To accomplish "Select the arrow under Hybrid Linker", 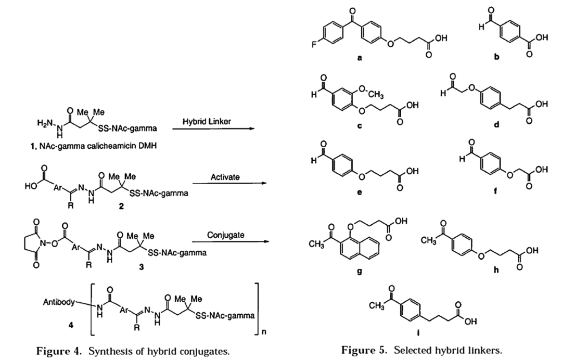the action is point(214,128).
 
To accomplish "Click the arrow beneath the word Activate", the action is point(230,184).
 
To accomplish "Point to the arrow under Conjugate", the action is point(231,241).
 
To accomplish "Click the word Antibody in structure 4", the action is point(59,302).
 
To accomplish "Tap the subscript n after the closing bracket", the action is point(264,332).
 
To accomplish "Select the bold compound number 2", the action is point(121,207).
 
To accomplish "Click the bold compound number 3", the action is point(142,267).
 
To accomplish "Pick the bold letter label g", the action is point(360,271).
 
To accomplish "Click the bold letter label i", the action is point(418,333).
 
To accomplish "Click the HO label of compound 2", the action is point(30,186).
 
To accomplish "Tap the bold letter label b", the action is point(496,57).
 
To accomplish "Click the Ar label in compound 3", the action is point(75,247).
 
